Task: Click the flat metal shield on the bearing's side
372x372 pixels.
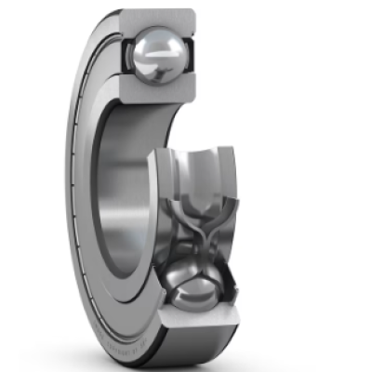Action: (88, 186)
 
